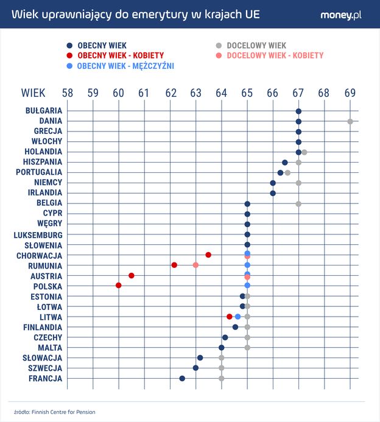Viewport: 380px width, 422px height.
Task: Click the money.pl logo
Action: point(341,15)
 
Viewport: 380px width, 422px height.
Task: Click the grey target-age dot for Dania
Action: point(350,121)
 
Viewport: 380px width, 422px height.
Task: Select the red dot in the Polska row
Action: point(119,286)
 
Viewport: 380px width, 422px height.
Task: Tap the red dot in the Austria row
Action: point(132,276)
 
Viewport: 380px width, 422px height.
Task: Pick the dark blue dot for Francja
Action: point(182,378)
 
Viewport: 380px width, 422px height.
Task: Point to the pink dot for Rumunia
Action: point(195,265)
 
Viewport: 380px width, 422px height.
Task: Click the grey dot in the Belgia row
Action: point(298,203)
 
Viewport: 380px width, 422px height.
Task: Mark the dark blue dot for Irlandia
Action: point(273,193)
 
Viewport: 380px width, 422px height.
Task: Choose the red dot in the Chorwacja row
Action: point(208,255)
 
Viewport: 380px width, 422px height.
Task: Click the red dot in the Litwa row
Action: point(230,316)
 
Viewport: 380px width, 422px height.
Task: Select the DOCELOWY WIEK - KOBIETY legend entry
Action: point(274,55)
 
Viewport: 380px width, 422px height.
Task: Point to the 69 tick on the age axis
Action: point(350,93)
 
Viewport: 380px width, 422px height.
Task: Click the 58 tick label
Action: point(67,93)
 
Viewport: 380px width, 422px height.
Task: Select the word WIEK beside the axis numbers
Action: point(33,93)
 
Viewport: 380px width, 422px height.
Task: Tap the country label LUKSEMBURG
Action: point(38,234)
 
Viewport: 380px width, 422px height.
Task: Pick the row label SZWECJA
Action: point(45,368)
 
